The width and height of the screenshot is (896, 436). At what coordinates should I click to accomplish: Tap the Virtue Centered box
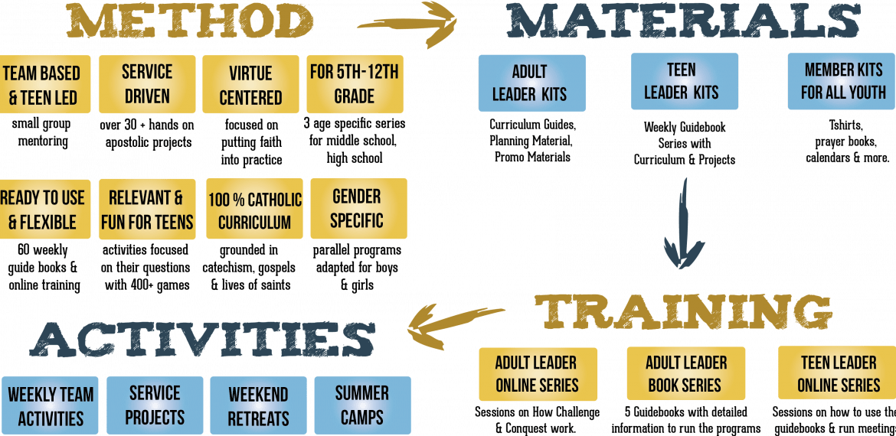(250, 85)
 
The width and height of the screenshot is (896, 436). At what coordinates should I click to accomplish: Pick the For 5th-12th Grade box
(354, 84)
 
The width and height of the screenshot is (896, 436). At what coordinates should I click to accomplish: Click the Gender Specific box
(358, 209)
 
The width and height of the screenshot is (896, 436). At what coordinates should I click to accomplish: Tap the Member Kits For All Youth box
(842, 81)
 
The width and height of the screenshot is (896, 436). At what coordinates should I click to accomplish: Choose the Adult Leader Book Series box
(686, 373)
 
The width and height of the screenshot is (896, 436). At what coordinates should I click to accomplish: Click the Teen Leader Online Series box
(839, 373)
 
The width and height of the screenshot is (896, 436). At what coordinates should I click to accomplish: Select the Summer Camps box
(361, 405)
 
